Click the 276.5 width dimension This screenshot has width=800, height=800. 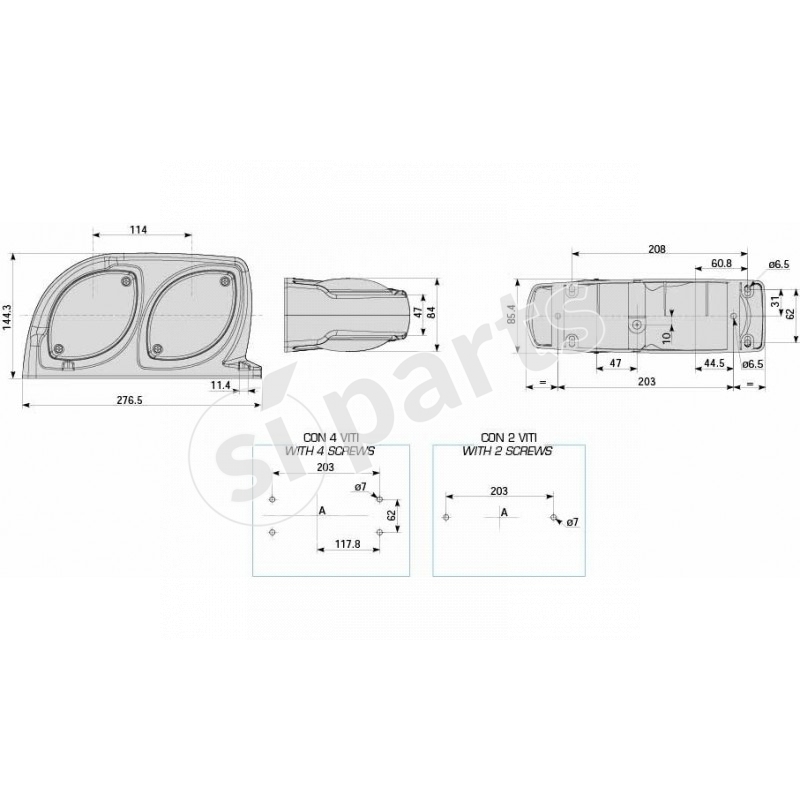coord(130,400)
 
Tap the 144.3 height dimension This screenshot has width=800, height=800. coord(9,314)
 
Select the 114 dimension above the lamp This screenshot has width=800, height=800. coord(138,230)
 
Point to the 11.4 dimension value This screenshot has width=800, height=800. coord(220,384)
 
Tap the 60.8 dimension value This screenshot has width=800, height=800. coord(720,263)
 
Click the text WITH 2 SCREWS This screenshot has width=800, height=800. coord(507,451)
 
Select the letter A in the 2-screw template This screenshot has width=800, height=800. coord(504,511)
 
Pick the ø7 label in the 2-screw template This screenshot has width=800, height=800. coord(572,522)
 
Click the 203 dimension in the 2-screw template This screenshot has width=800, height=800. coord(500,491)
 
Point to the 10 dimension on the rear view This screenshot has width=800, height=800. coord(666,338)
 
